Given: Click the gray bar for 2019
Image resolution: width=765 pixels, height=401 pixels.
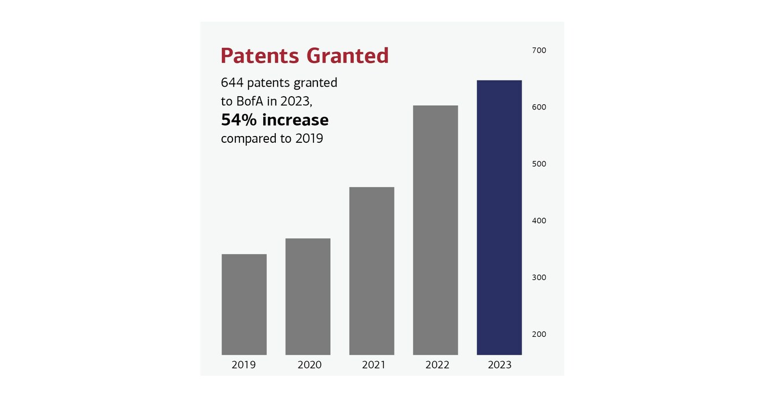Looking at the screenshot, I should coord(244,304).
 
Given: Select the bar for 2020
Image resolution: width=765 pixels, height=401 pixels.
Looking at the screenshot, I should coord(308,296).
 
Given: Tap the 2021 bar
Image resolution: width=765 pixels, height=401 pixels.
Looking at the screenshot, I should coord(372,271).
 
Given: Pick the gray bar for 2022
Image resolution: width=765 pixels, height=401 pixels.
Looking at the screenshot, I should coord(435,230).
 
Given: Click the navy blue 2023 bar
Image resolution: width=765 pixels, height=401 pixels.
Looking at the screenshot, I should coord(499,218).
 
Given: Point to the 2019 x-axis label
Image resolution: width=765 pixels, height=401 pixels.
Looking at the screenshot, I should coord(243,365).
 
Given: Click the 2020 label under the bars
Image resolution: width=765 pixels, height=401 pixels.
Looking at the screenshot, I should coord(309,365).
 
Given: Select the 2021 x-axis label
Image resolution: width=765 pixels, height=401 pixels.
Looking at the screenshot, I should coord(374,365).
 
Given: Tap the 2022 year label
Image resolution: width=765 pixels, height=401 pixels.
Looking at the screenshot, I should coord(437,365).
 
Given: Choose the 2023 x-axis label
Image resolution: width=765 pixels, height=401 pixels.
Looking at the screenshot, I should coord(500,365).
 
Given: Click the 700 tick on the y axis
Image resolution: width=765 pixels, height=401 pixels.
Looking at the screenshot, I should coord(539,50).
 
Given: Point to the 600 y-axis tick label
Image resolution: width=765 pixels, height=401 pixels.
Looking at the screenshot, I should coord(539,107).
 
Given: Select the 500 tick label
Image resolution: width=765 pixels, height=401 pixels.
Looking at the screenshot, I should coord(539,164).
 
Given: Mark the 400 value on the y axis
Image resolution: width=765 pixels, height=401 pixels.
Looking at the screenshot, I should coord(539,220).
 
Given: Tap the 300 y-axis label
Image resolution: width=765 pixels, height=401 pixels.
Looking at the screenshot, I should coord(539,277).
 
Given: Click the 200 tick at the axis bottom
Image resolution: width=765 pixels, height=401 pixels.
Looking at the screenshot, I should coord(539,334).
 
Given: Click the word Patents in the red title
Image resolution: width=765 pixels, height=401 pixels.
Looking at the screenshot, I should coord(260,56).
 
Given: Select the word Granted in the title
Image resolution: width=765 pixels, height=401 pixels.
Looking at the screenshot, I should coord(348,56).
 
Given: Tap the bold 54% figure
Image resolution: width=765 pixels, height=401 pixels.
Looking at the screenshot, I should coord(239,120).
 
